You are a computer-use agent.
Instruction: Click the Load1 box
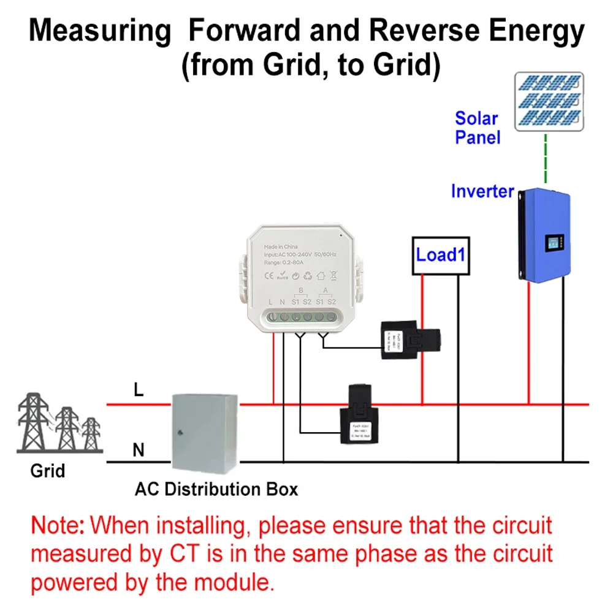point(440,254)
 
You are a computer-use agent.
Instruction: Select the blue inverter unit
point(544,234)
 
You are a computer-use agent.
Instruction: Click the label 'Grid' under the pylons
point(47,471)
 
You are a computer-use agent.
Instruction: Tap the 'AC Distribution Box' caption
point(216,489)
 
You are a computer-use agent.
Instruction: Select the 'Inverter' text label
point(482,191)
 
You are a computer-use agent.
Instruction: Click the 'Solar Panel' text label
point(477,128)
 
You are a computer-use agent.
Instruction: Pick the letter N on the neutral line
point(139,451)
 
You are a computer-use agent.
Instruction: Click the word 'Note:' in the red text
point(58,525)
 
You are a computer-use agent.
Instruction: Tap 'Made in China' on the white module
point(281,246)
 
